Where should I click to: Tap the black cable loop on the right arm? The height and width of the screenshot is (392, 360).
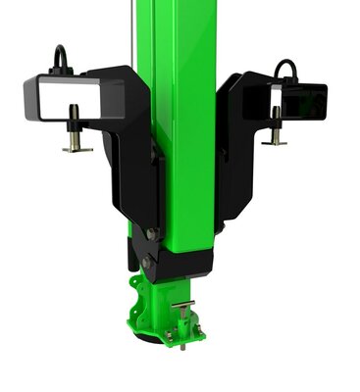(x=285, y=68)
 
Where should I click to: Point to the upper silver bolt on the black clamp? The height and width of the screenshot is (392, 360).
(x=151, y=233)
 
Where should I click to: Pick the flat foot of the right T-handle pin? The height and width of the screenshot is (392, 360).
(x=276, y=142)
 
